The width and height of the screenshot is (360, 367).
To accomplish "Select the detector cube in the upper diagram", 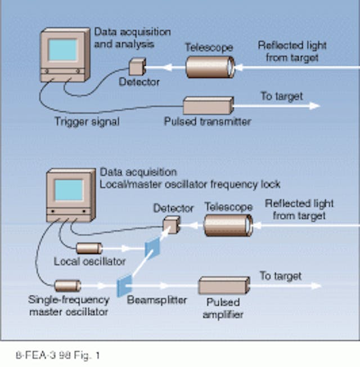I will point(136,68).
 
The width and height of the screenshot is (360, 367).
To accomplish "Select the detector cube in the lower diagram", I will point(171,226).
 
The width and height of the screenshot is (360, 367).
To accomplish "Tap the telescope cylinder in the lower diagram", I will point(228,225).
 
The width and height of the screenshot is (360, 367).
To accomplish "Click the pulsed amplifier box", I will point(223,285).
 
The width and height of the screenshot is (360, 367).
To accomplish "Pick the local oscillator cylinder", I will point(89,248).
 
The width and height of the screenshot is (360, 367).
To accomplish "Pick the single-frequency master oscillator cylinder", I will point(67,285).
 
